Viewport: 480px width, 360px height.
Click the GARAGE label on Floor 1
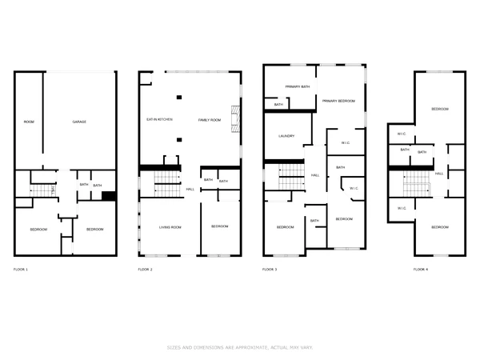pos(79,122)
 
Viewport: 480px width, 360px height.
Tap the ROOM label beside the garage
pos(29,122)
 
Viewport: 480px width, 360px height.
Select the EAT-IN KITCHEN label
pos(159,119)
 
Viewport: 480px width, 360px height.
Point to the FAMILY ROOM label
pos(209,119)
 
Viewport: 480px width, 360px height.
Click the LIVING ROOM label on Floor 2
pos(170,227)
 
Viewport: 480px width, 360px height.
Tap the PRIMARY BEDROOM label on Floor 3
pos(338,102)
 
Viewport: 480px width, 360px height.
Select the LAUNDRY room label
pos(287,136)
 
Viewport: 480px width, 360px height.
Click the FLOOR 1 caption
pos(21,270)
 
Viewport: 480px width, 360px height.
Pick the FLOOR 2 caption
pos(145,270)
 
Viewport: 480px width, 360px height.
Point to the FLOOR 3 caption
pos(270,270)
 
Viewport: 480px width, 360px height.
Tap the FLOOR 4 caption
pos(420,270)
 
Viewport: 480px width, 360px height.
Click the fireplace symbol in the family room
pos(235,119)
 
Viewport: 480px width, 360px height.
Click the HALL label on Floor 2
pos(190,189)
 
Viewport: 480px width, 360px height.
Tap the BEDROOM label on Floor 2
pos(219,227)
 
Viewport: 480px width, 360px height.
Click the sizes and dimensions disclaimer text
pos(239,347)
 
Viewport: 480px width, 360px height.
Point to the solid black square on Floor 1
pos(110,196)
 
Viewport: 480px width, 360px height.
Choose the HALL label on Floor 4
pos(439,174)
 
